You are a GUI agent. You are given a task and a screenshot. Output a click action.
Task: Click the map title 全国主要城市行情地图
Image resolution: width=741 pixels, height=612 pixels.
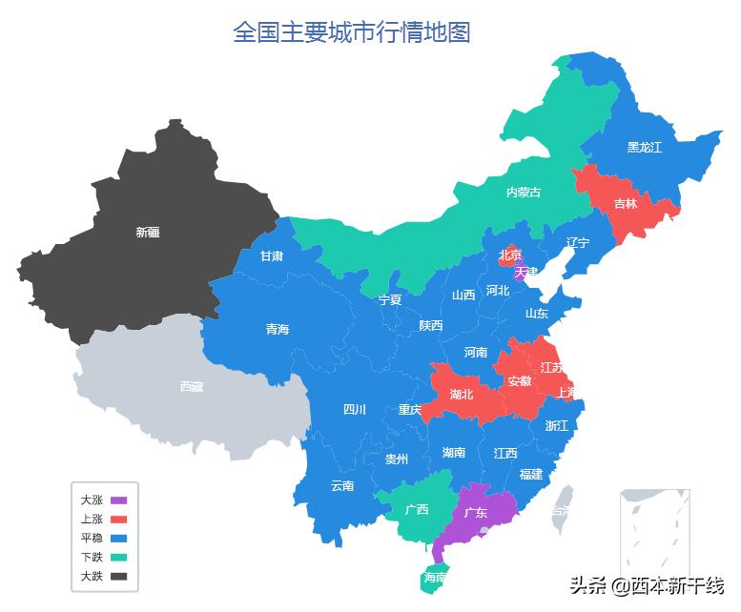coord(352,32)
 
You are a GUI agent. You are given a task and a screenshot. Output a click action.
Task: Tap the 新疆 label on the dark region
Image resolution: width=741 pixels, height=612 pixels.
coord(148,232)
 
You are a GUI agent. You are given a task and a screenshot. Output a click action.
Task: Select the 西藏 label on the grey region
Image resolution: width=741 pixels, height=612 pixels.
coord(191,386)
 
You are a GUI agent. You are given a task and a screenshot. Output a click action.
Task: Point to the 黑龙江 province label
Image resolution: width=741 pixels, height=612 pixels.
coord(644,147)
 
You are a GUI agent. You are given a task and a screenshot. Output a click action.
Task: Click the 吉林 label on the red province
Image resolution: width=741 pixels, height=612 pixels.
coord(626,203)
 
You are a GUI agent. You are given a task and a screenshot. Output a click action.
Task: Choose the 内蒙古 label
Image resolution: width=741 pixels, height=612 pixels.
coord(523,192)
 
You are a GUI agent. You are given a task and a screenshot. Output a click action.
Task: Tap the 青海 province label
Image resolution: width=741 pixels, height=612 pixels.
coord(278,330)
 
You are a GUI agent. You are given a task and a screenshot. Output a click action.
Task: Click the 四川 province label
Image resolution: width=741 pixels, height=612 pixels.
coord(354,410)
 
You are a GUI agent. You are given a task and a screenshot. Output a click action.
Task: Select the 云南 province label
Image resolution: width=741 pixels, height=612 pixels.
coord(342,485)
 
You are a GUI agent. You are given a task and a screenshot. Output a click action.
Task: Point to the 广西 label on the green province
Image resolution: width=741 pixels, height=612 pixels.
coord(417,509)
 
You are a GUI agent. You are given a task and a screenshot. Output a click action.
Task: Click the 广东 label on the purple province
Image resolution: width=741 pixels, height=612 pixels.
coord(475,513)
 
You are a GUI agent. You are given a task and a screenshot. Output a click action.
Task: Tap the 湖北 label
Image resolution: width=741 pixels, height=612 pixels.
coord(462,394)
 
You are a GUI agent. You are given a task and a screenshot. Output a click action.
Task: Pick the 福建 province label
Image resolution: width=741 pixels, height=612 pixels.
coord(531,474)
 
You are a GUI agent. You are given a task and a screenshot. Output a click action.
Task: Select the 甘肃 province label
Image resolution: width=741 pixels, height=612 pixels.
coord(272,256)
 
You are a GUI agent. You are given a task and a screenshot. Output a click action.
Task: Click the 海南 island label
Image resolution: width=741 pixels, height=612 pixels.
coord(435,578)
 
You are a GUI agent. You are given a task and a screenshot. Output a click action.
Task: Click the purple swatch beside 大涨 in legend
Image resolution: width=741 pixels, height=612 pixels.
coord(119,500)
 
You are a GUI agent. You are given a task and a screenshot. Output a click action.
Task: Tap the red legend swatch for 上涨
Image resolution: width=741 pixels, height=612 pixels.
coord(119,519)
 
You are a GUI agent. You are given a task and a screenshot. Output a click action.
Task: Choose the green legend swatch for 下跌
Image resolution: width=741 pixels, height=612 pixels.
coord(119,557)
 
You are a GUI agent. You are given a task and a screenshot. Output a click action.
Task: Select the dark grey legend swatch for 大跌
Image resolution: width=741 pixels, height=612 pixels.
coord(119,576)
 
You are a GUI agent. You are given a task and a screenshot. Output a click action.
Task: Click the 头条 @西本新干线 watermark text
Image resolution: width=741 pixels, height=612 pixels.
coord(647,584)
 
